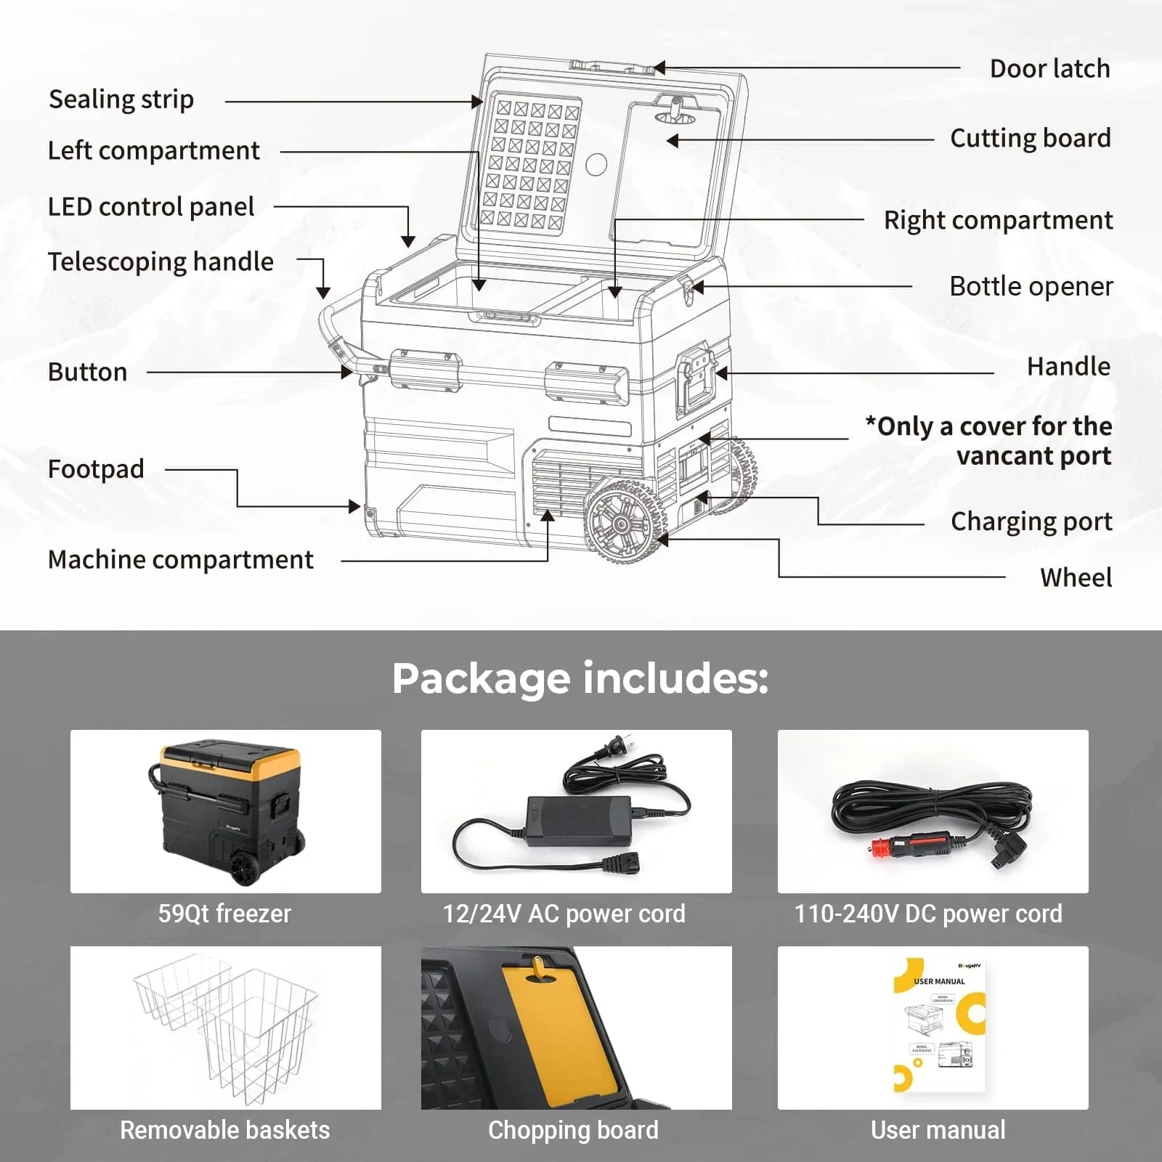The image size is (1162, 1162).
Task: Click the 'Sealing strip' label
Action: pyautogui.click(x=121, y=99)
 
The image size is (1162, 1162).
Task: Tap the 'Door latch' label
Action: pyautogui.click(x=1049, y=69)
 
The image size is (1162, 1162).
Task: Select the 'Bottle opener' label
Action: pyautogui.click(x=1031, y=286)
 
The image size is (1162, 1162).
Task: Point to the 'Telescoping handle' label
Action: pyautogui.click(x=161, y=261)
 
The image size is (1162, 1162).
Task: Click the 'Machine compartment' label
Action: pyautogui.click(x=180, y=560)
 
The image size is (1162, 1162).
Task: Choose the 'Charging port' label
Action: pyautogui.click(x=1031, y=521)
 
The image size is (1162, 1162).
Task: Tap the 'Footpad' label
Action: pyautogui.click(x=96, y=469)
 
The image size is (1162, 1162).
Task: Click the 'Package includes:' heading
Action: pyautogui.click(x=580, y=678)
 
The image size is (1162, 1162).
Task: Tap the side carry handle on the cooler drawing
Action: pyautogui.click(x=696, y=379)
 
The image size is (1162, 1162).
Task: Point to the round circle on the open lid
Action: pyautogui.click(x=596, y=165)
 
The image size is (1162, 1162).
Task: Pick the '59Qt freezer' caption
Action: pyautogui.click(x=224, y=914)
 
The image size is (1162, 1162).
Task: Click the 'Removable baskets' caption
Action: pyautogui.click(x=224, y=1130)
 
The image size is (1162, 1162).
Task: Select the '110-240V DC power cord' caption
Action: pyautogui.click(x=928, y=914)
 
